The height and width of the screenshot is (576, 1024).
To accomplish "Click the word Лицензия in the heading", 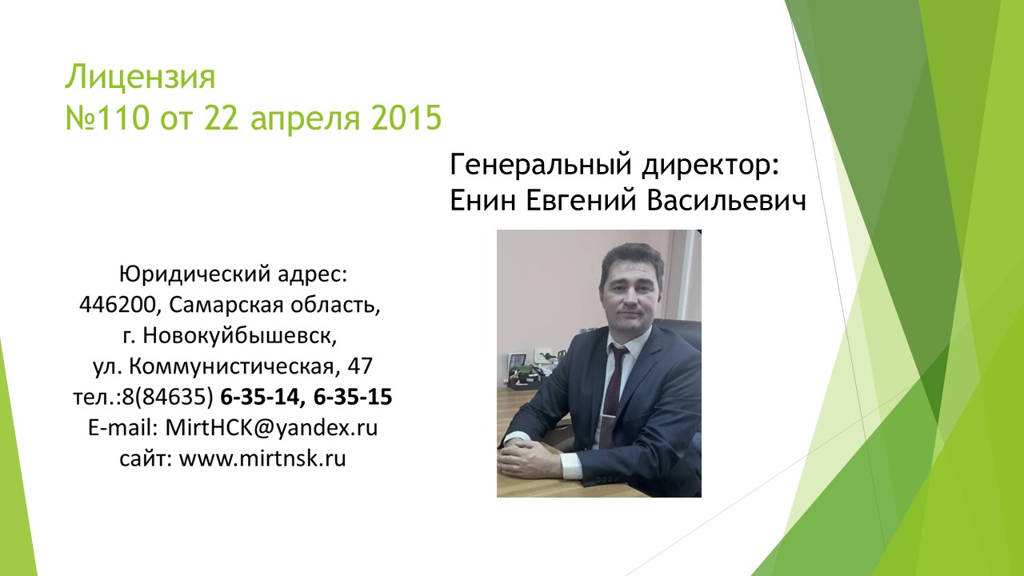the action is coord(140,77).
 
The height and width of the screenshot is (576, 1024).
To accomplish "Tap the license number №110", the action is coord(107,118).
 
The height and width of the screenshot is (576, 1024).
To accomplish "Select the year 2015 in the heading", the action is coord(406,118).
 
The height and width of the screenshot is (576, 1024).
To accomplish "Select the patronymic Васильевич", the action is coord(726,200).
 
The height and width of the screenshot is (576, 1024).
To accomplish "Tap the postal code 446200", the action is coord(118,305).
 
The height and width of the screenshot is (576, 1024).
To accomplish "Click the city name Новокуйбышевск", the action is coord(240,336).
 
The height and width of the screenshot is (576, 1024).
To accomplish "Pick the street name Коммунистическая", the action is coord(232,366).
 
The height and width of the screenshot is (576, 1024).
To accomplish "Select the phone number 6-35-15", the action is coord(353,397).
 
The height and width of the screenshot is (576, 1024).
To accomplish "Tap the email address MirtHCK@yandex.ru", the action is coord(271,428).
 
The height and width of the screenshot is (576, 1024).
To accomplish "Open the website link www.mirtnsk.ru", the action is coord(262,458).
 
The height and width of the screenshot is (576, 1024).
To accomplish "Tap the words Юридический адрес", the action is coord(233,274).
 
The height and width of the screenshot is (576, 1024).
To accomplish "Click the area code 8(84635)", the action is coord(167,398).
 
